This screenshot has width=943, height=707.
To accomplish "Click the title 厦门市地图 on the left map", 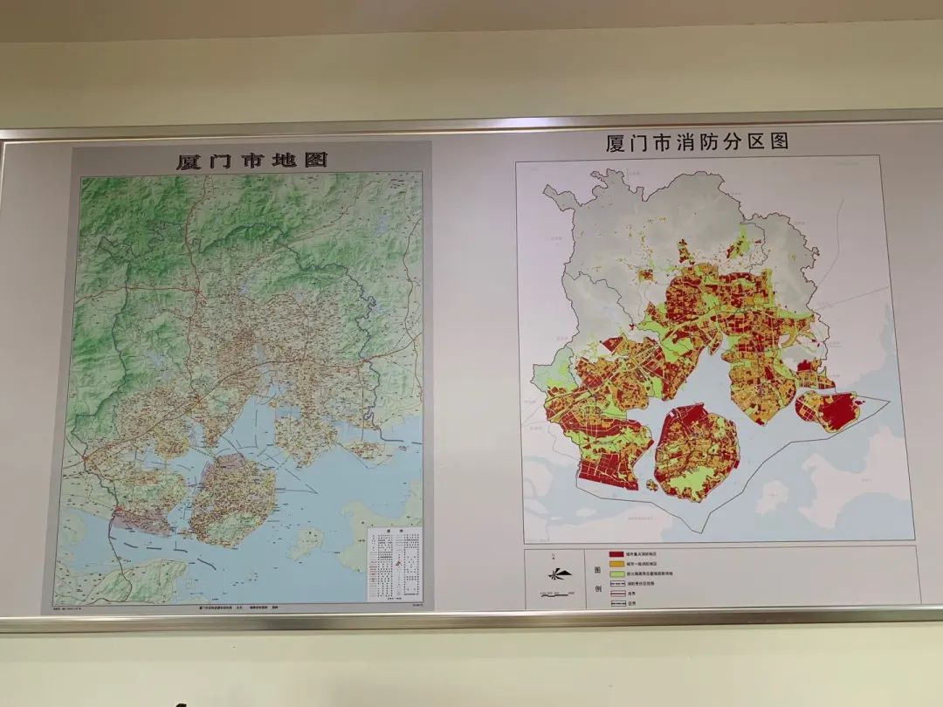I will click(251, 161).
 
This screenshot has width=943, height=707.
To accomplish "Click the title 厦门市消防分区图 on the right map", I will click(697, 142).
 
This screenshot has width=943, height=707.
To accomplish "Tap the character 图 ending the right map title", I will click(778, 141).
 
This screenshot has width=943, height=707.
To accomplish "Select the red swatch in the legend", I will click(616, 554).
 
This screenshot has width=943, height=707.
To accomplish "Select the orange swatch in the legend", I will click(616, 566).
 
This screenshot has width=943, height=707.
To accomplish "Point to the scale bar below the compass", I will click(553, 593).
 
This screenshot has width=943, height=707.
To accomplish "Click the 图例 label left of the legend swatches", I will click(597, 578).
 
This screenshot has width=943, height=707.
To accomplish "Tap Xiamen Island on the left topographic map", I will click(232, 498).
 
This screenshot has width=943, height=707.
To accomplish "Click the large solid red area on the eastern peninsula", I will click(839, 410).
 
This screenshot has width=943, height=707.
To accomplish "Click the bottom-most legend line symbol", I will click(616, 602).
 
